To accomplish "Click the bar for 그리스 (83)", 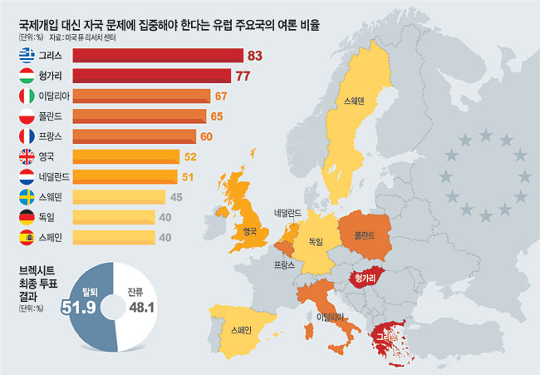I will (158, 57).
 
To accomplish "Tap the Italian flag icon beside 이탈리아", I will (26, 96).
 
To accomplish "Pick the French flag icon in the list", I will (26, 136).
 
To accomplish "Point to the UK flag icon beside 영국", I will (26, 156).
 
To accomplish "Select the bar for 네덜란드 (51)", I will (125, 176).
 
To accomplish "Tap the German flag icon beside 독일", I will (26, 217).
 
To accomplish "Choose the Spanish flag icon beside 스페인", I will (26, 238).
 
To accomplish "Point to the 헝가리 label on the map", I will (366, 278).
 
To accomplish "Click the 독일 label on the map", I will (316, 242).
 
